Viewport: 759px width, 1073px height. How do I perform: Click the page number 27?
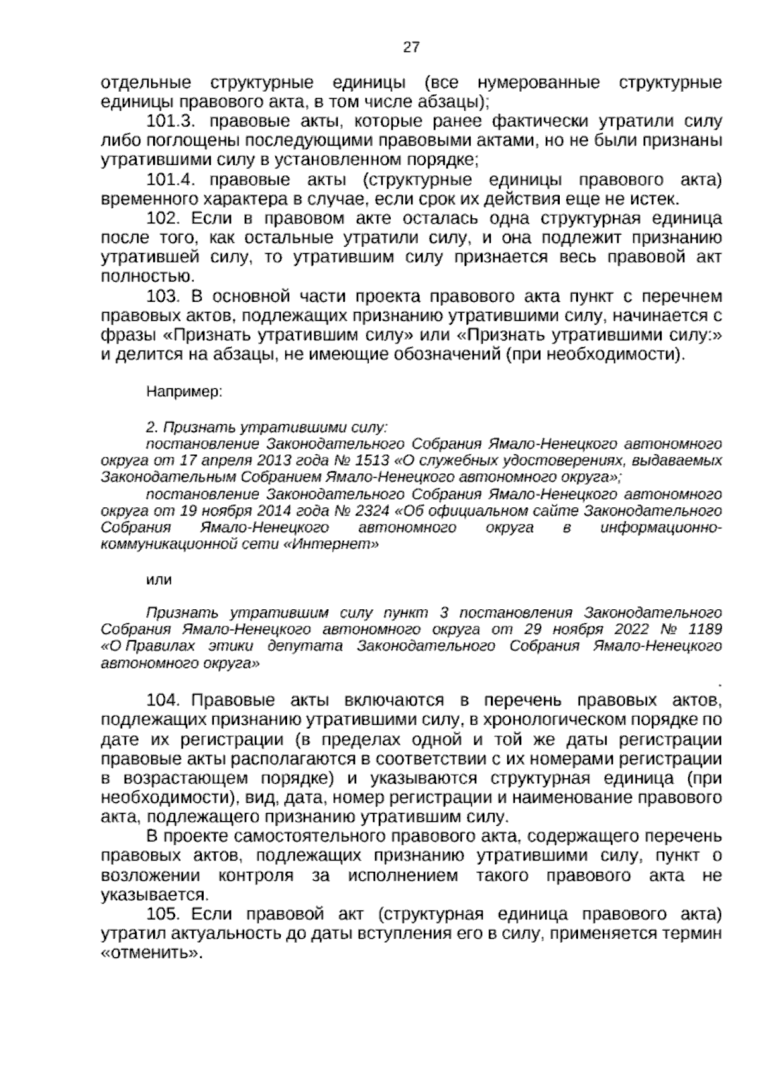click(410, 47)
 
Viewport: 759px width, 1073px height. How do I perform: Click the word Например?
click(183, 392)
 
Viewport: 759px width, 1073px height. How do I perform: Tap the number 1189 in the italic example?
click(705, 630)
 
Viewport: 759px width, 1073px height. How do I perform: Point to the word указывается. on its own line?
click(154, 895)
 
